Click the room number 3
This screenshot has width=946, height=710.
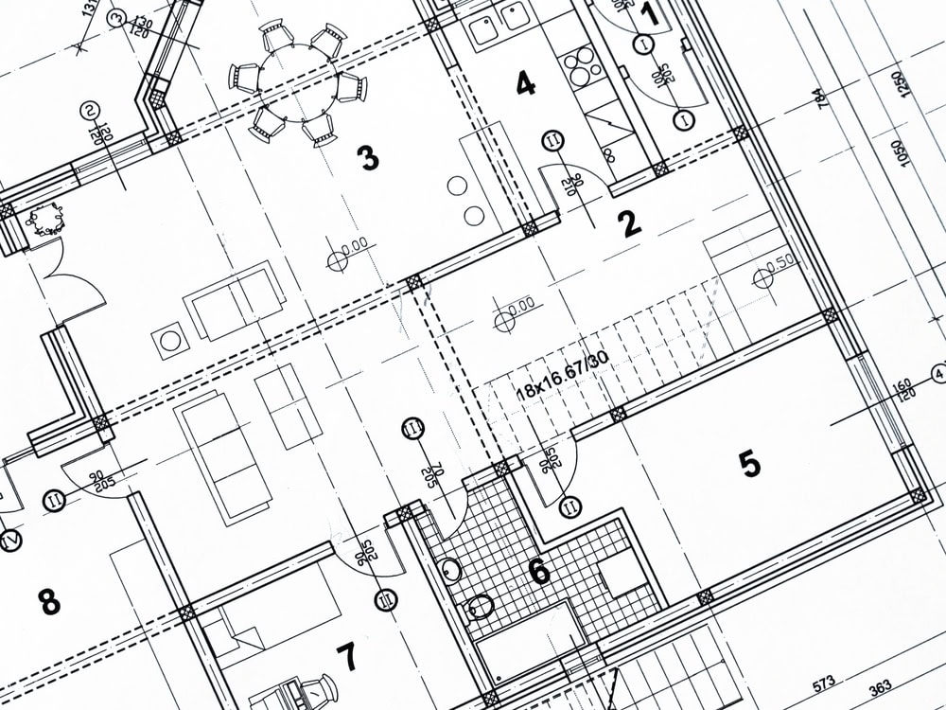[369, 158]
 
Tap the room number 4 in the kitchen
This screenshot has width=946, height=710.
[525, 84]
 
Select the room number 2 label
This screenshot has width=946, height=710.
[629, 223]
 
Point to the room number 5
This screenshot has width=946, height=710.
[749, 464]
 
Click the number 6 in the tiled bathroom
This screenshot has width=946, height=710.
[538, 572]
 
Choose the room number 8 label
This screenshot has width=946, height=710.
[48, 600]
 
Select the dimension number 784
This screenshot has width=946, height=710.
[817, 98]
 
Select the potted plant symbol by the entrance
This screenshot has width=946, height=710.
[44, 221]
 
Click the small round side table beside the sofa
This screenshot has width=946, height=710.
[171, 340]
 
